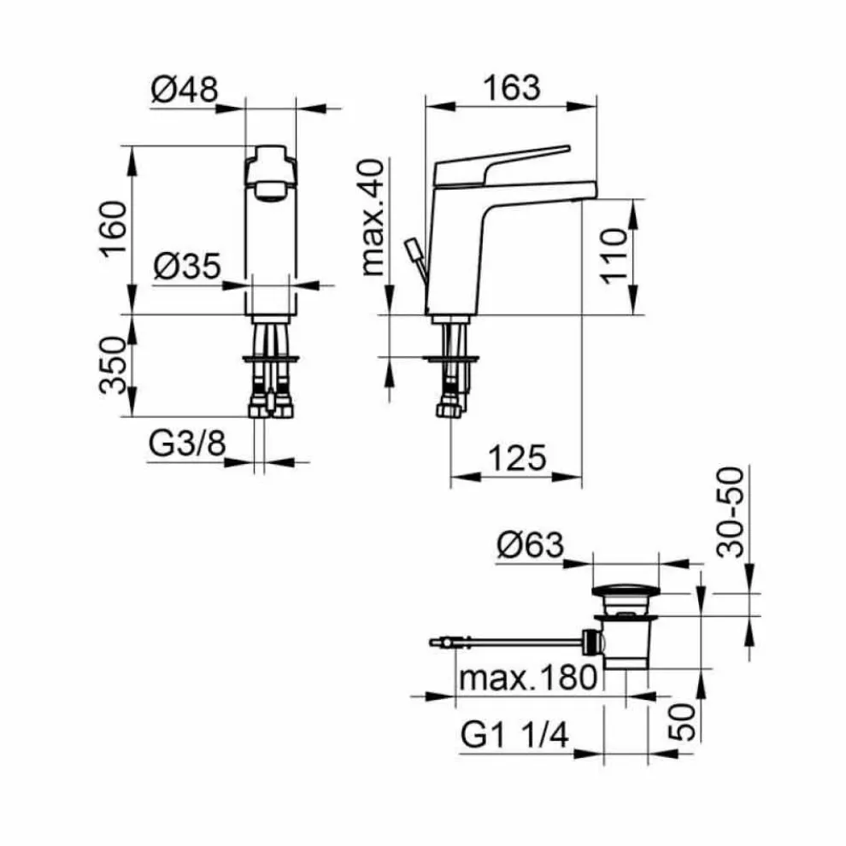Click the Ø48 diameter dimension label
(x=185, y=90)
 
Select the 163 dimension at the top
(x=512, y=88)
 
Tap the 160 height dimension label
(x=114, y=229)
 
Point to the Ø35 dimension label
(x=187, y=266)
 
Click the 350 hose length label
(x=114, y=365)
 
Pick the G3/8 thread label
(x=187, y=444)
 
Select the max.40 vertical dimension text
(x=373, y=217)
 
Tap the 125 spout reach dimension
(x=517, y=459)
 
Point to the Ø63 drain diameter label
(x=531, y=545)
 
